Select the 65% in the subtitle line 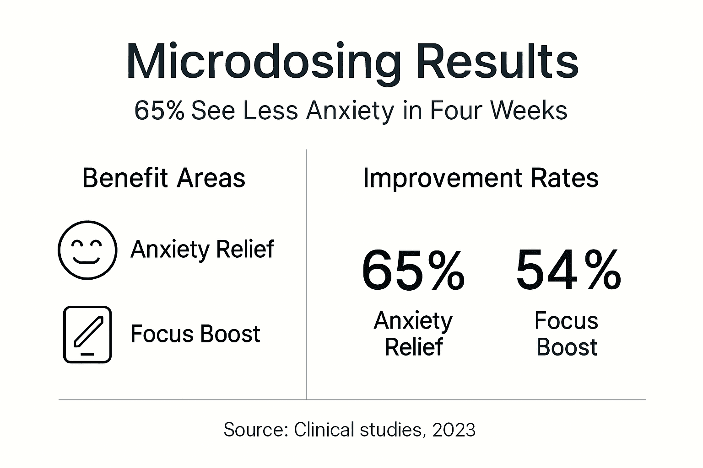(x=159, y=111)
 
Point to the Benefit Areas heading (x=164, y=178)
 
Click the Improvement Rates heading (x=481, y=178)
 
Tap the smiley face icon (x=87, y=250)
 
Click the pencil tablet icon (x=87, y=335)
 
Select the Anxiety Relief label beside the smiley (x=202, y=250)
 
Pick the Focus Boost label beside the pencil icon (x=195, y=334)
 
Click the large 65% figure (x=413, y=271)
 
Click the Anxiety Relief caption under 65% (x=413, y=334)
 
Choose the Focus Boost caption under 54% (x=567, y=334)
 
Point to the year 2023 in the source (x=454, y=430)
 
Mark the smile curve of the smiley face (x=87, y=261)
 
